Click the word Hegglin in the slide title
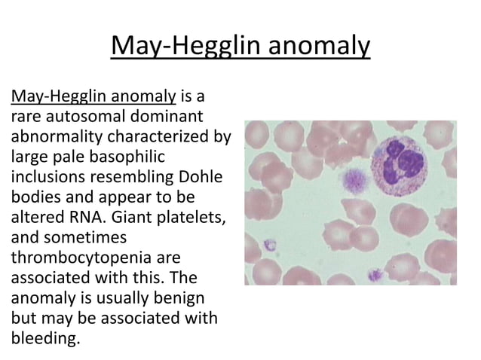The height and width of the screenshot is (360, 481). tap(205, 47)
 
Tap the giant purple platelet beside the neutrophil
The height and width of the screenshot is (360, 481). tap(352, 179)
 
